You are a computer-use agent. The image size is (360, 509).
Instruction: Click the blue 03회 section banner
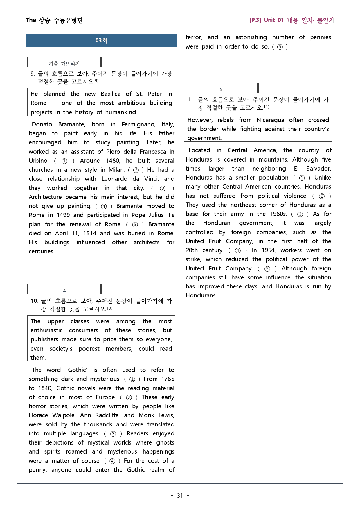point(101,41)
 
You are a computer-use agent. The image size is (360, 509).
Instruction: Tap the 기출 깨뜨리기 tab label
point(64,64)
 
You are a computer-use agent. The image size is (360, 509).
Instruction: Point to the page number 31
point(180,496)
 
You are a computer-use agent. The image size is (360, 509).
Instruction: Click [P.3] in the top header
point(255,20)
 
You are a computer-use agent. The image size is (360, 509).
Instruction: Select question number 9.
point(33,74)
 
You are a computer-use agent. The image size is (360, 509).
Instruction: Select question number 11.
point(191,100)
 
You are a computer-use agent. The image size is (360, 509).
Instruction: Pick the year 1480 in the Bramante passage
point(113,161)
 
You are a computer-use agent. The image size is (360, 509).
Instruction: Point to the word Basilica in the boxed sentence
point(111,94)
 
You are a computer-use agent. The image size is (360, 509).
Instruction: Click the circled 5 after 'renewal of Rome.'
point(135,225)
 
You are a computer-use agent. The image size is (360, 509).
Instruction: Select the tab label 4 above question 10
point(64,291)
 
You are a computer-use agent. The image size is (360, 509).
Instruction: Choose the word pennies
point(321,37)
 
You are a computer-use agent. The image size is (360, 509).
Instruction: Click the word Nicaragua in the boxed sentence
point(270,120)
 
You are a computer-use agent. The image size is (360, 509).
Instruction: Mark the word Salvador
point(318,169)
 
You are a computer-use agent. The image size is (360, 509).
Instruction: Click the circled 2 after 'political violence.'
point(322,196)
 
